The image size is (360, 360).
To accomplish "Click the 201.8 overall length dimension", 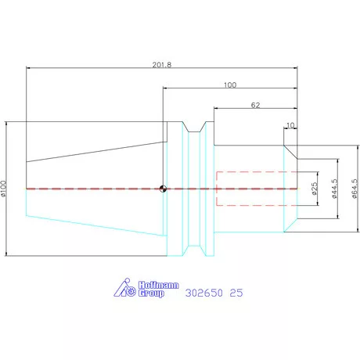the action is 162,65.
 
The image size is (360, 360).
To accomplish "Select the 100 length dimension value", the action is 230,85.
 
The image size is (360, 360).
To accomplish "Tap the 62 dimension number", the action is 255,105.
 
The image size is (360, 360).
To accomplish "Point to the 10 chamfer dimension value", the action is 290,125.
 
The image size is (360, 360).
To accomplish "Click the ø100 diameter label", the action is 3,188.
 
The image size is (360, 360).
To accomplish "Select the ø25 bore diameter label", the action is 315,189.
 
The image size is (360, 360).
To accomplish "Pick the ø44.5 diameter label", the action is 334,189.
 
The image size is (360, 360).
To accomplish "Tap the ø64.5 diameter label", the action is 355,189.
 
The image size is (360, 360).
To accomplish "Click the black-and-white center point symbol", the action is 163,189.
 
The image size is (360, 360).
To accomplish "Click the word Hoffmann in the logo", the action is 158,285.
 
